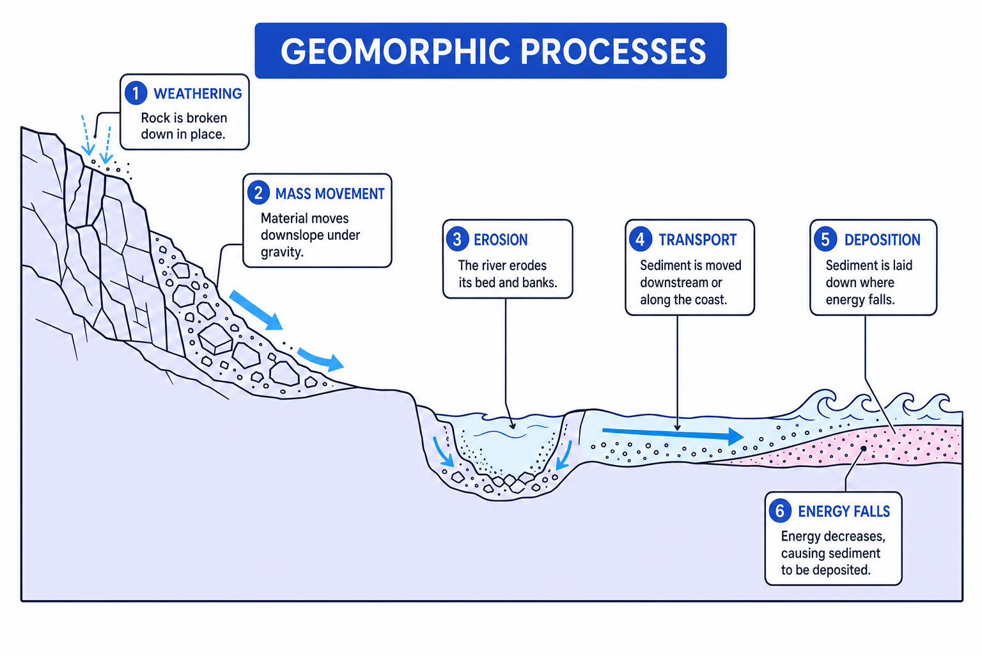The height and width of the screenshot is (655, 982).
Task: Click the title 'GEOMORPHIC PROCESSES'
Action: [493, 51]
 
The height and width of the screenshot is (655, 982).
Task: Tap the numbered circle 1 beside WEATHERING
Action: [136, 93]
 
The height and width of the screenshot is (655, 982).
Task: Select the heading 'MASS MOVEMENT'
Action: [330, 194]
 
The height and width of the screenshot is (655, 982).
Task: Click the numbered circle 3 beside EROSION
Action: [457, 239]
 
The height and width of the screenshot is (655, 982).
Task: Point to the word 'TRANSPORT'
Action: [698, 240]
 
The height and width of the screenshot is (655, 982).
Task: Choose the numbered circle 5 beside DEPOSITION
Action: [825, 239]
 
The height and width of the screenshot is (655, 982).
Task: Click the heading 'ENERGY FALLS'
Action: [844, 512]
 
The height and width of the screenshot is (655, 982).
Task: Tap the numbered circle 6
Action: [780, 511]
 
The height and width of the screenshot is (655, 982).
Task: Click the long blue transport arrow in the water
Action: [673, 434]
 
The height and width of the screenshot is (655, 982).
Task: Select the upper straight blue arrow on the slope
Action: [256, 310]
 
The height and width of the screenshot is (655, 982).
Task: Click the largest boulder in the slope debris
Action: [215, 338]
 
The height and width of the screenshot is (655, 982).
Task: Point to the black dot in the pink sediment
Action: [863, 449]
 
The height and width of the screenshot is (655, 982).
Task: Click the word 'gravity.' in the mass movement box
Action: [282, 252]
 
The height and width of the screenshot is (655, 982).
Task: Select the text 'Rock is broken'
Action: [183, 118]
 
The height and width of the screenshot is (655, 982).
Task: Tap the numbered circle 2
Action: [258, 193]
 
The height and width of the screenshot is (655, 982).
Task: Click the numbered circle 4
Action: [641, 239]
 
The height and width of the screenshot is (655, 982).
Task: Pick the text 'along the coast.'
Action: [683, 299]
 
